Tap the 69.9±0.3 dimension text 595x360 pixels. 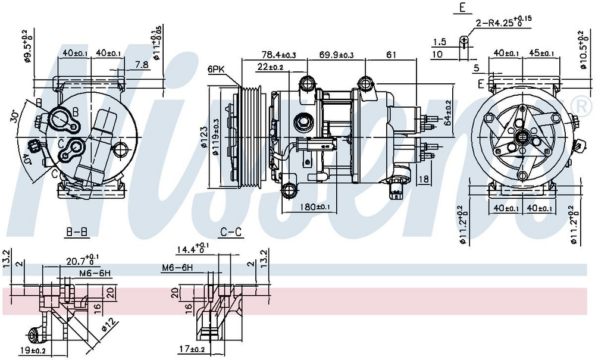pos(336,55)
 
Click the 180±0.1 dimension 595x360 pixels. pos(315,207)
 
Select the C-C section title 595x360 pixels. pos(231,233)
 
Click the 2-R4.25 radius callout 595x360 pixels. pos(503,23)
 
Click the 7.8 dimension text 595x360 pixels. pos(142,65)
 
